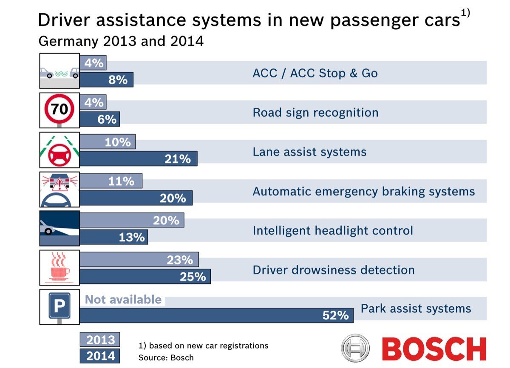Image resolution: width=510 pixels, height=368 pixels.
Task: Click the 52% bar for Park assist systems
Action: pyautogui.click(x=216, y=315)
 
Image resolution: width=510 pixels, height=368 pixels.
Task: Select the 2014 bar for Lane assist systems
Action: pyautogui.click(x=138, y=159)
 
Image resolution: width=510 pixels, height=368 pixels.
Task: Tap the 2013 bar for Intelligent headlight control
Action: pyautogui.click(x=132, y=220)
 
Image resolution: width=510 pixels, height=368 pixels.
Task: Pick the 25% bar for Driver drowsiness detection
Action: pyautogui.click(x=145, y=276)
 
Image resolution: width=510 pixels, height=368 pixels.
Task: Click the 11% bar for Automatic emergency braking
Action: pyautogui.click(x=111, y=181)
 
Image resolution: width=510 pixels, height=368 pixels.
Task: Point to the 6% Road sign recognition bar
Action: pyautogui.click(x=99, y=119)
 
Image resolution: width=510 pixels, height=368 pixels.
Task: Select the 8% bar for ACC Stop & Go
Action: pyautogui.click(x=106, y=79)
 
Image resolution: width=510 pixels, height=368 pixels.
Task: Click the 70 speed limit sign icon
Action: pyautogui.click(x=59, y=110)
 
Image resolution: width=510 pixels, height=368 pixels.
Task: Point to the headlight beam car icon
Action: pyautogui.click(x=59, y=228)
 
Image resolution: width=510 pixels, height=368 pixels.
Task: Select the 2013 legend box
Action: pyautogui.click(x=100, y=340)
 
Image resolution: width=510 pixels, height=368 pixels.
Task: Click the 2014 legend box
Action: pyautogui.click(x=100, y=356)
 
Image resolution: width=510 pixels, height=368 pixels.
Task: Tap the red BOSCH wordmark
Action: pyautogui.click(x=434, y=349)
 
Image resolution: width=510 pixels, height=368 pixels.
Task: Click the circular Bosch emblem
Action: pyautogui.click(x=356, y=348)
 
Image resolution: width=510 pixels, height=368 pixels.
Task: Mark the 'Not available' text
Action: pyautogui.click(x=123, y=300)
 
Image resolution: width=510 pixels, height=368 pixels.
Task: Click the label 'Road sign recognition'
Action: pyautogui.click(x=315, y=113)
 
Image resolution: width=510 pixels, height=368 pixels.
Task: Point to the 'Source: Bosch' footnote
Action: pyautogui.click(x=166, y=357)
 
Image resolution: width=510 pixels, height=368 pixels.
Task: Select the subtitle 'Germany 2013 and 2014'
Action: pyautogui.click(x=121, y=42)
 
